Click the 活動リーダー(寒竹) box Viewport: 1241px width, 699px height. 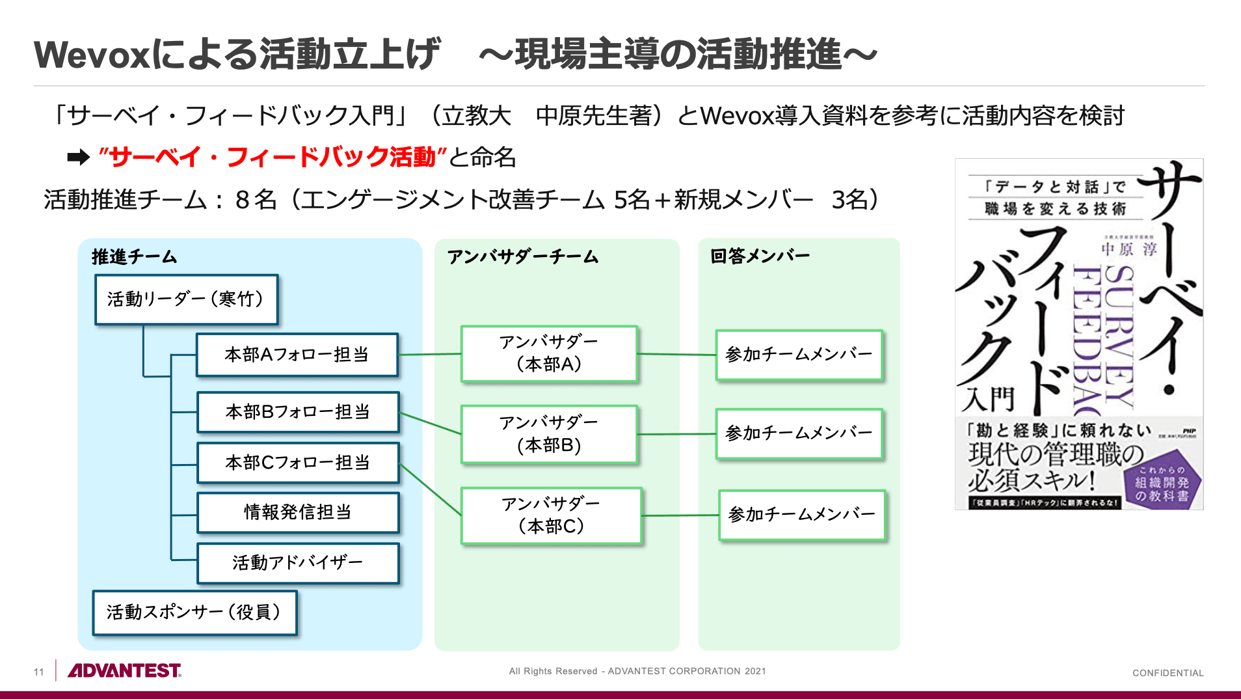[186, 299]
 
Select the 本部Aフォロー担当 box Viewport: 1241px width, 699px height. [297, 355]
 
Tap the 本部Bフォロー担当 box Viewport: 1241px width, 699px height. [297, 412]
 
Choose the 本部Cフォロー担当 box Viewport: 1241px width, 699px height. [297, 463]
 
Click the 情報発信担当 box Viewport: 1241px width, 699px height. [297, 512]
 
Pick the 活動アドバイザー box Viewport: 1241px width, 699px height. [297, 562]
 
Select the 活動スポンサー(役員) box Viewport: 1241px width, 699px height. [194, 612]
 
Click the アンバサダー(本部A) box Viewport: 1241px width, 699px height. [549, 353]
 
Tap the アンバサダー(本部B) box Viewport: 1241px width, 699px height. [549, 434]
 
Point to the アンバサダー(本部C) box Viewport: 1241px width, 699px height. [551, 515]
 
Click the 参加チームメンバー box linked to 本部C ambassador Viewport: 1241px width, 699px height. [801, 515]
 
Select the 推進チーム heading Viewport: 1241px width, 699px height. [134, 257]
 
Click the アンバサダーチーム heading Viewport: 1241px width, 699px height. [522, 257]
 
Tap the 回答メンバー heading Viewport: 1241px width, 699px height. [760, 256]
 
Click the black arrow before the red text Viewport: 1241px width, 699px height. [79, 158]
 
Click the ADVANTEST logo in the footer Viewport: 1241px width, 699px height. [124, 670]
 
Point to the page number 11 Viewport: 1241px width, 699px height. [39, 672]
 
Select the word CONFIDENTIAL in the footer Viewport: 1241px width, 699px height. [1168, 673]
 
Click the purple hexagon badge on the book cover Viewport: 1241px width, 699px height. [1162, 484]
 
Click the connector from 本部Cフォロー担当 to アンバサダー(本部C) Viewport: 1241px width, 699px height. [430, 489]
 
